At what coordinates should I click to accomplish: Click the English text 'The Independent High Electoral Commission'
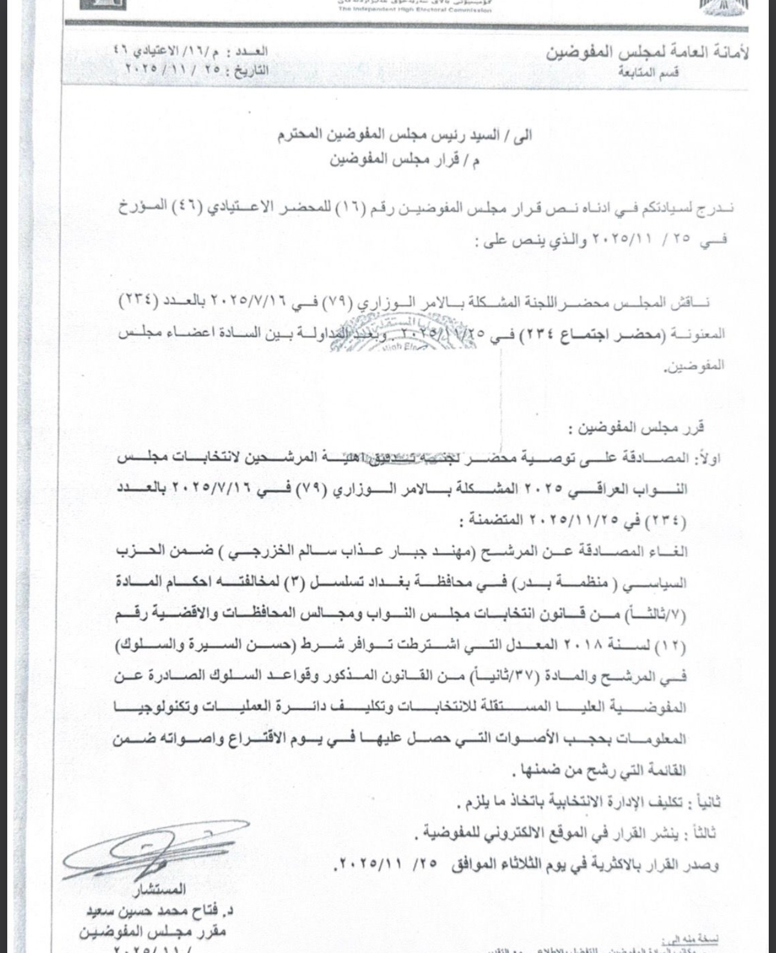[x=414, y=10]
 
